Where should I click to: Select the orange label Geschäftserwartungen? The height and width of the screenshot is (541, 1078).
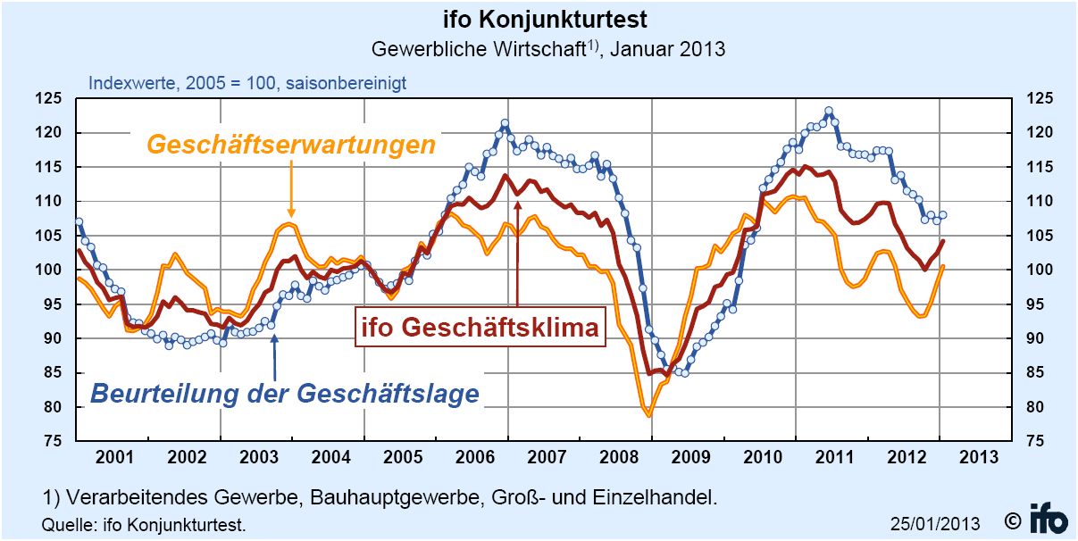[291, 144]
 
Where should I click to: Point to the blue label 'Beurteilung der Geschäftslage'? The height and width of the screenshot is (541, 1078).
[286, 393]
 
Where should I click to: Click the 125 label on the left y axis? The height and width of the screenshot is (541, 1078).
[51, 99]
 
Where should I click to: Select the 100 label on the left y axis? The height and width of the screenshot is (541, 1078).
[51, 270]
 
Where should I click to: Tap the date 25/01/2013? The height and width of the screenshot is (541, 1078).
[934, 523]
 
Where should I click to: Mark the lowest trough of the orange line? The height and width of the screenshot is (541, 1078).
[648, 415]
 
